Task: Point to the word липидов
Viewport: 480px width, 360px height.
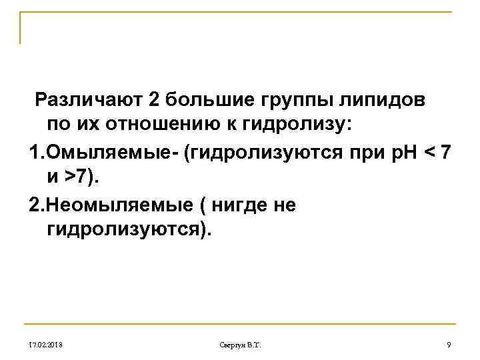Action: coord(384,100)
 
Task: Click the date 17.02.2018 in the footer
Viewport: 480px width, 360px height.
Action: coord(44,344)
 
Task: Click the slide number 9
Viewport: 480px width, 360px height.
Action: coord(449,344)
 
